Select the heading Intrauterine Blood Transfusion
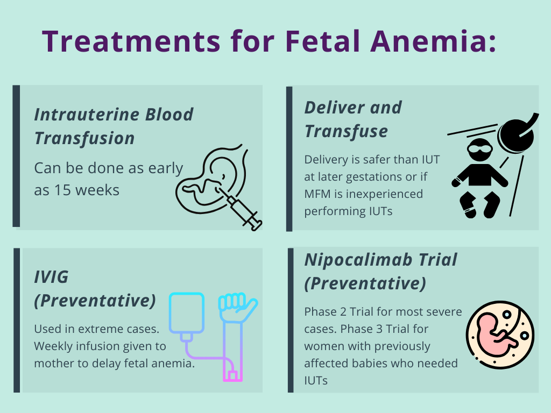pos(114,126)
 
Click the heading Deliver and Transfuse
pos(353,119)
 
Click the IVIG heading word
pos(52,277)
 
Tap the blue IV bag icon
pos(186,315)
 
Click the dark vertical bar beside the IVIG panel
pos(17,320)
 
